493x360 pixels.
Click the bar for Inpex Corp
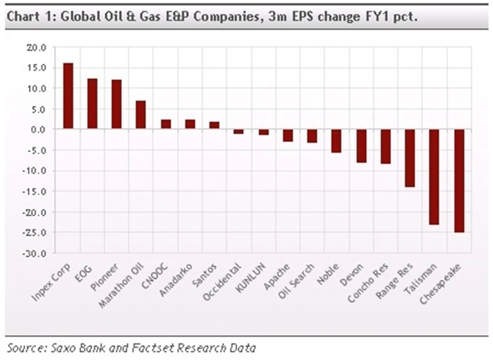click(68, 96)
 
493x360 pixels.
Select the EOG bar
click(92, 104)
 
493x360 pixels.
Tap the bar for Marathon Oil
click(141, 115)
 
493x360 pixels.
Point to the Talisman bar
click(434, 177)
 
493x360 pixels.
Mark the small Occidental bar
click(239, 131)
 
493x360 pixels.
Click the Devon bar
click(361, 146)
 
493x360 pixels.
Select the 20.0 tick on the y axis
click(36, 47)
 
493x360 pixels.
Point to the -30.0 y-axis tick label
click(35, 253)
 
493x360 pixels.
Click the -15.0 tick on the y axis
click(35, 191)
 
